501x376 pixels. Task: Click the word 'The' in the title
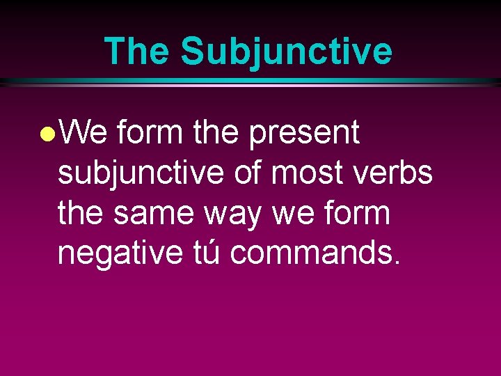pyautogui.click(x=137, y=52)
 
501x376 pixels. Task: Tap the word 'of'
pyautogui.click(x=247, y=173)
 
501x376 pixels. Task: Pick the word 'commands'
pyautogui.click(x=311, y=253)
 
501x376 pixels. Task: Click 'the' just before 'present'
pyautogui.click(x=217, y=132)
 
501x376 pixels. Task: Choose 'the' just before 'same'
pyautogui.click(x=81, y=213)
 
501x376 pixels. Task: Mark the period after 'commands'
pyautogui.click(x=397, y=263)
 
